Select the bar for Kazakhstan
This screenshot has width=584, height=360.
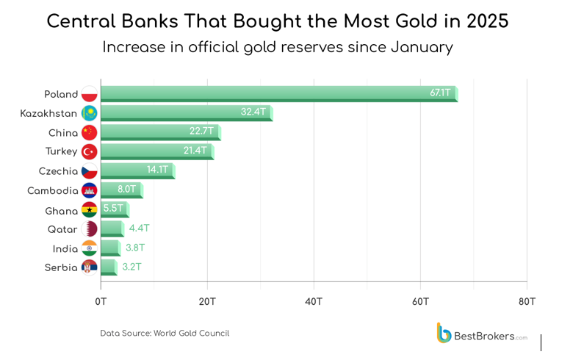tap(185, 112)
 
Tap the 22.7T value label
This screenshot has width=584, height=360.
tap(201, 132)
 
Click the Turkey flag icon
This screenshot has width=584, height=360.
tap(89, 151)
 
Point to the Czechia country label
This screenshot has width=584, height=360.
tap(58, 170)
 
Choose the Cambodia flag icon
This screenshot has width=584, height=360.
tap(89, 190)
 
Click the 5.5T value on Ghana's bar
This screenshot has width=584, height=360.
tap(113, 209)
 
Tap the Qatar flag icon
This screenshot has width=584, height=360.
tap(89, 229)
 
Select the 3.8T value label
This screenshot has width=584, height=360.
tap(136, 248)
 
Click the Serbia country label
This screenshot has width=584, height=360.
tap(61, 267)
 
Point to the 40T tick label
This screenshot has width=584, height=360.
tap(314, 301)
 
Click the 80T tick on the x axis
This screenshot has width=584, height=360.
tap(526, 301)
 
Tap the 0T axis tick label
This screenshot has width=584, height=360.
tap(101, 301)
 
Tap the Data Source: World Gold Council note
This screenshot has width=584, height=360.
tap(165, 334)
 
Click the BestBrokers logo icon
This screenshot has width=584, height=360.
tap(444, 333)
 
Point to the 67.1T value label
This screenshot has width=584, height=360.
tap(441, 93)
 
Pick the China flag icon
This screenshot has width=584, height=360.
tap(89, 132)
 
